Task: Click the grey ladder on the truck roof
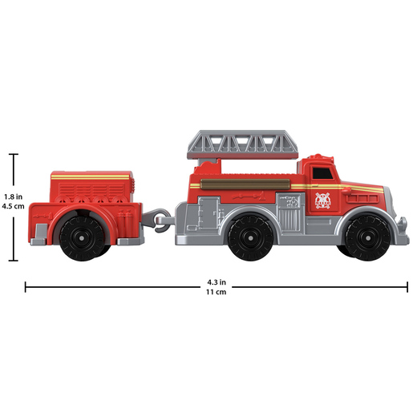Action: pos(242,145)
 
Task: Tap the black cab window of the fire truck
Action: pos(322,173)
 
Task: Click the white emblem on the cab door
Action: pos(323,200)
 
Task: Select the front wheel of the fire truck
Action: pos(367,237)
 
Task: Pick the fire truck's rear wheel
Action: pos(250,237)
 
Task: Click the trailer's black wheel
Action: pos(82,237)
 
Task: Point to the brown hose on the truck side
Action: pos(245,184)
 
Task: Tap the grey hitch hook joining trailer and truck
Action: pos(158,220)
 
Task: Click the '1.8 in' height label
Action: pos(13,196)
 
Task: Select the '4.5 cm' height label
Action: pos(13,206)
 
